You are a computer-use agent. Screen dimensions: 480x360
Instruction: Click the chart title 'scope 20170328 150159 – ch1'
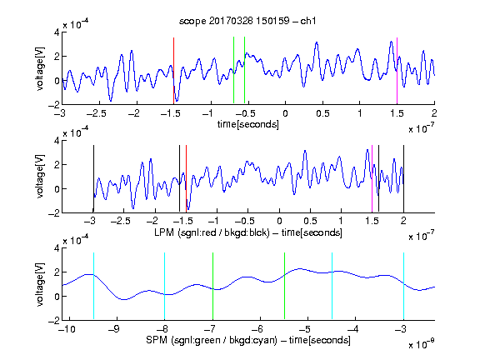(x=247, y=21)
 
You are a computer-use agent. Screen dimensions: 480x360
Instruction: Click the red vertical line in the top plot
(x=173, y=71)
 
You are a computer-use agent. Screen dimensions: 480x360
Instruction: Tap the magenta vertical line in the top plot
(x=397, y=71)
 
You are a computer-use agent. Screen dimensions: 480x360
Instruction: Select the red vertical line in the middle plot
(x=186, y=179)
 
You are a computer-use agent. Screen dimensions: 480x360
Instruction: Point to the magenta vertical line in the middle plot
(x=372, y=179)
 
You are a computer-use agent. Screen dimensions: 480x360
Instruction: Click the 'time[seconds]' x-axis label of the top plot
(x=248, y=124)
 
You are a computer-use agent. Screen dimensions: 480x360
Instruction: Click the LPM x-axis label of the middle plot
(x=248, y=232)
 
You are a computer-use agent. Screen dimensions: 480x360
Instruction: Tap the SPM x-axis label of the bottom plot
(x=248, y=340)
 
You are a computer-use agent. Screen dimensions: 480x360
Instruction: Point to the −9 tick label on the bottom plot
(x=114, y=329)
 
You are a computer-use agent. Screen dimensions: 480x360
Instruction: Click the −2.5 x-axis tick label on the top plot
(x=97, y=113)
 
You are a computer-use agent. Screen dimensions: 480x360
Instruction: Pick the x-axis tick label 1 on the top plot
(x=360, y=113)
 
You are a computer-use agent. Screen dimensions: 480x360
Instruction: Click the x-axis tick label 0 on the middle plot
(x=279, y=221)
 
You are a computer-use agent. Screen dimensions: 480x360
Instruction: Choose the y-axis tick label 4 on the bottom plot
(x=57, y=248)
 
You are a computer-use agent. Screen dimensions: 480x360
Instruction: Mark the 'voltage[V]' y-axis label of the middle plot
(x=40, y=177)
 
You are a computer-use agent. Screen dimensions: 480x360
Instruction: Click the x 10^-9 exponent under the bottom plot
(x=422, y=344)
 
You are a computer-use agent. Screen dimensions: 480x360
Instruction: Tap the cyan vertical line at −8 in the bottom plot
(x=164, y=286)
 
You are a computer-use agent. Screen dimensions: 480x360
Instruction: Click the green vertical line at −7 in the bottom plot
(x=212, y=286)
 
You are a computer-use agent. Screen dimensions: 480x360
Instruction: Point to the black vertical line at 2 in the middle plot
(x=403, y=179)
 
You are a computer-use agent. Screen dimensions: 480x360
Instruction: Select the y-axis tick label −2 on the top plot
(x=54, y=104)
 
